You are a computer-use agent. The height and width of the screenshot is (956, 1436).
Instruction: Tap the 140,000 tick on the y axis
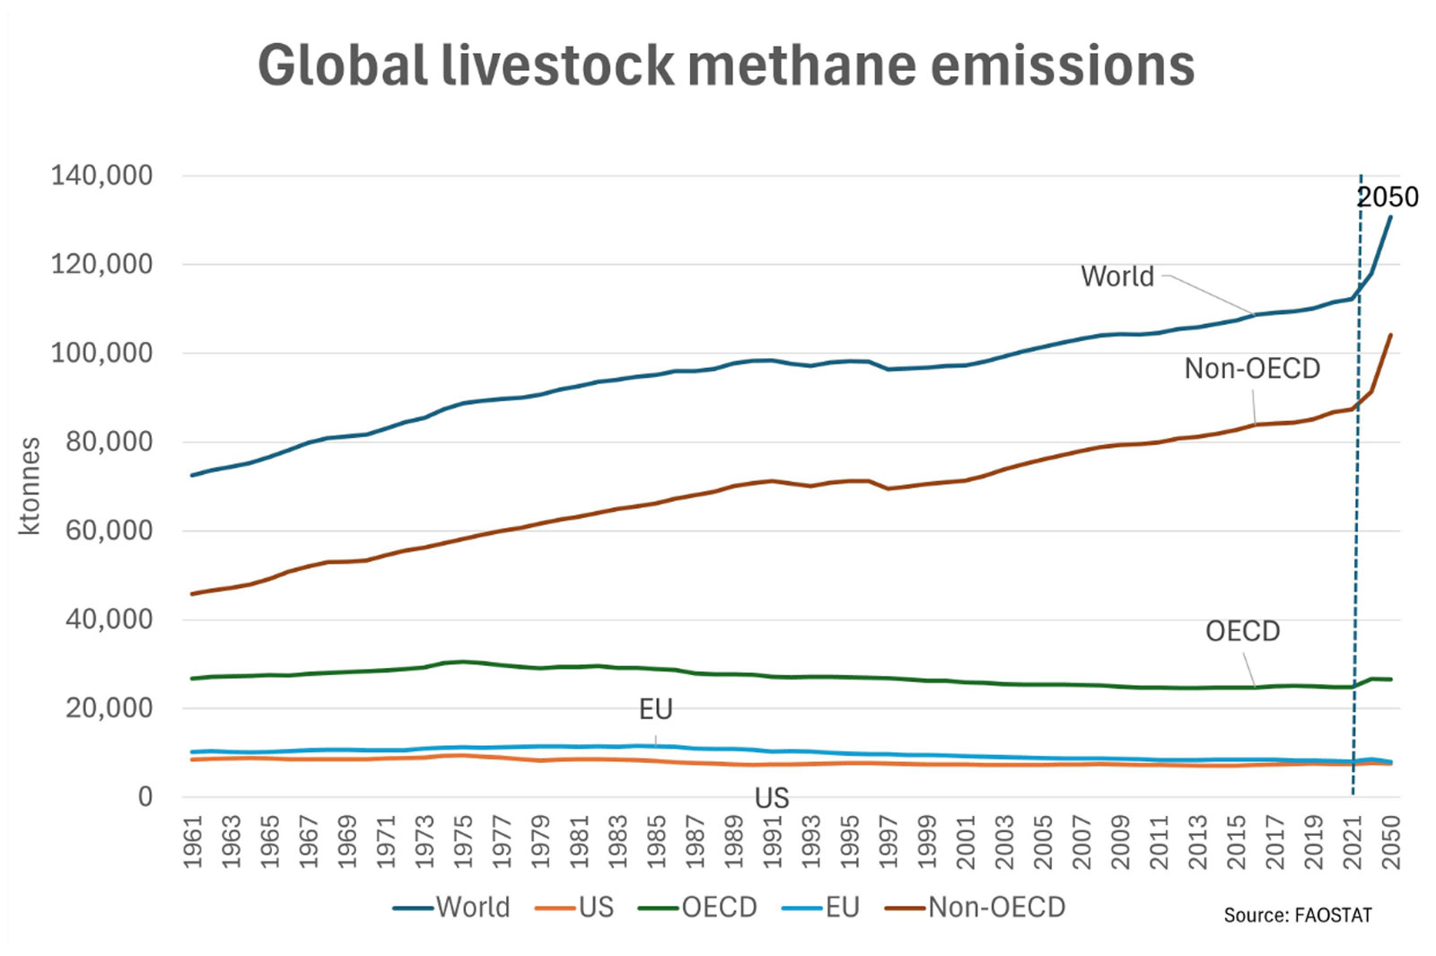point(101,175)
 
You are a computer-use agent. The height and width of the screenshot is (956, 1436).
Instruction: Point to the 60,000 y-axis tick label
point(109,531)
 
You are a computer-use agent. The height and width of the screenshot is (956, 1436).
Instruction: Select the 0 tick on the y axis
point(145,796)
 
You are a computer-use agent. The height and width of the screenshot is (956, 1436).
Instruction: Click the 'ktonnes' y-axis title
point(30,486)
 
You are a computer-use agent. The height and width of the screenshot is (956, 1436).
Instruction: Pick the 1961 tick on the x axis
point(193,841)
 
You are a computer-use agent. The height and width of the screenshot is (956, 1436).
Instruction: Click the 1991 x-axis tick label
point(773,841)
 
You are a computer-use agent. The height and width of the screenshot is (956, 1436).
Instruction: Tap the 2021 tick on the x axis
point(1353,841)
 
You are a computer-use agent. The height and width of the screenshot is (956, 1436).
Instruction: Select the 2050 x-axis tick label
point(1391,841)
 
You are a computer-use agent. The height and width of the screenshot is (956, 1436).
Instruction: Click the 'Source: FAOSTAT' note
point(1298,916)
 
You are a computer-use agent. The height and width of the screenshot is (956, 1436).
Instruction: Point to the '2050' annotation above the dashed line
point(1388,197)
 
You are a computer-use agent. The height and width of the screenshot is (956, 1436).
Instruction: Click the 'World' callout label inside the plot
point(1117,276)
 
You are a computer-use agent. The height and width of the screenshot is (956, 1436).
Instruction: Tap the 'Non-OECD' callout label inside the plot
point(1252,369)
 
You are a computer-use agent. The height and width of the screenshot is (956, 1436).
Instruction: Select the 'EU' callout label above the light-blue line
point(656,710)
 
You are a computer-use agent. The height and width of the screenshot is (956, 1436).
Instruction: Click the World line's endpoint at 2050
point(1391,216)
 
